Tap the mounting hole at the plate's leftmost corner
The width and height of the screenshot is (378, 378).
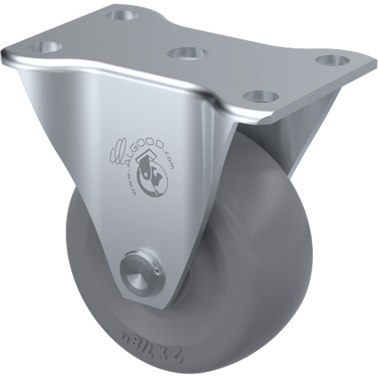coord(45,47)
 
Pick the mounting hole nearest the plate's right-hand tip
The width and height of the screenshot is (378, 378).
coord(328,59)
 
